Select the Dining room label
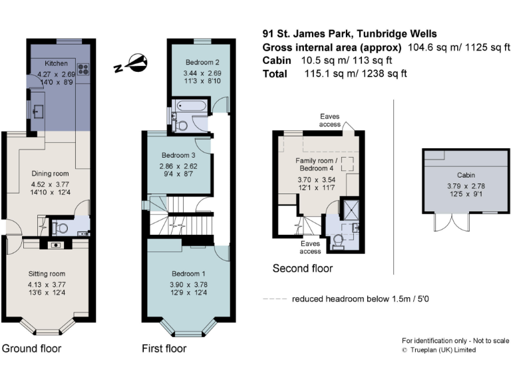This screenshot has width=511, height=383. [51, 174]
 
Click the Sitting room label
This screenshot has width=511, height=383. [47, 273]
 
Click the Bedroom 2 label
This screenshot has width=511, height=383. [197, 63]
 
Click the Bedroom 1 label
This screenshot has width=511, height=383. [189, 273]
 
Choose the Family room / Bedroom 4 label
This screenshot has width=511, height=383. [317, 165]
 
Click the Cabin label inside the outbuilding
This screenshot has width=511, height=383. [456, 176]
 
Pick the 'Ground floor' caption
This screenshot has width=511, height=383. [31, 348]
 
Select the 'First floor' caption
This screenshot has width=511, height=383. [164, 348]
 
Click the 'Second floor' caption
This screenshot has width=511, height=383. [303, 269]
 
